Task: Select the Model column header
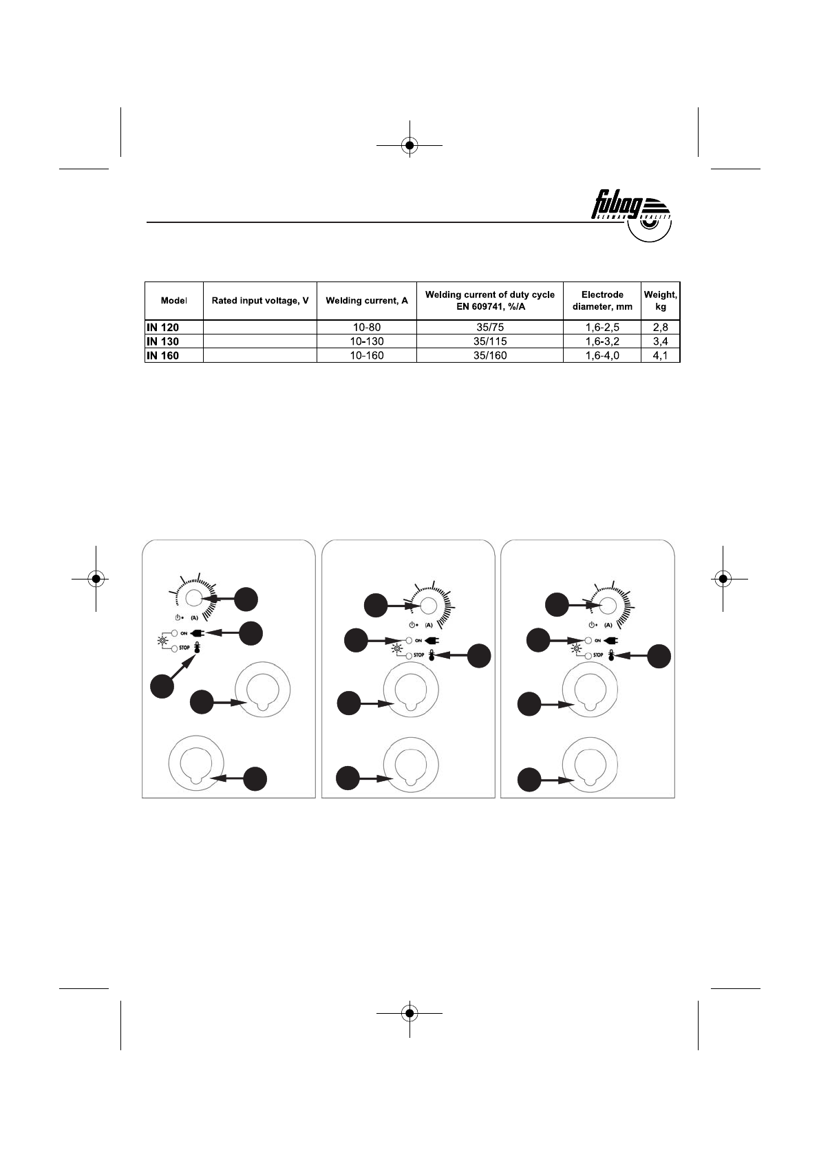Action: tap(173, 301)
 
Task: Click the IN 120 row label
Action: tap(162, 328)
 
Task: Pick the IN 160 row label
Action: tap(162, 356)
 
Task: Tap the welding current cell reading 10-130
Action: tap(366, 341)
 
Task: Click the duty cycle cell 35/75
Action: tap(489, 328)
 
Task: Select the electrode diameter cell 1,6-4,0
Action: tap(602, 356)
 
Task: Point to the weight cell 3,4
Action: tap(660, 341)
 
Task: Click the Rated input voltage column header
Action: tap(259, 301)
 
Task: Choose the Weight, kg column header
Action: tap(660, 301)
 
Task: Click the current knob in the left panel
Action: tap(193, 598)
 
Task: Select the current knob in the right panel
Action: tap(607, 605)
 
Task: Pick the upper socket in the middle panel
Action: tap(410, 690)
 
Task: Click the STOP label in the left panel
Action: tap(184, 648)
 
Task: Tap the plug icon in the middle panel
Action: tap(432, 640)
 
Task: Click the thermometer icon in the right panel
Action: tap(610, 655)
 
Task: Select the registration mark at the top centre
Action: tap(409, 145)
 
